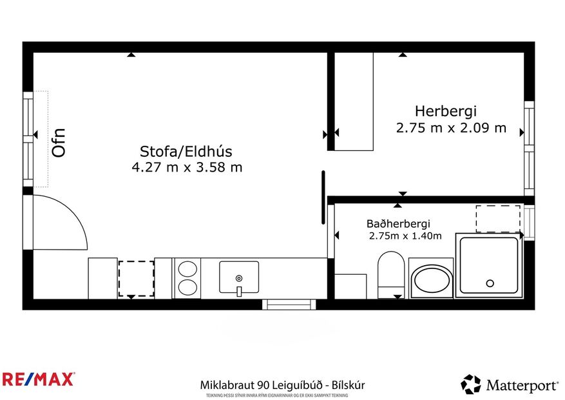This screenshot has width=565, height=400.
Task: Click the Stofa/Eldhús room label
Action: (x=186, y=152)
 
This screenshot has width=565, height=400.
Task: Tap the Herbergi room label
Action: (x=445, y=111)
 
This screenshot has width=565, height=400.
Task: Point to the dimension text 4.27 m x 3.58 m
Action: (x=186, y=168)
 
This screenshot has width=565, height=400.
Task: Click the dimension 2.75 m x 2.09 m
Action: (x=451, y=128)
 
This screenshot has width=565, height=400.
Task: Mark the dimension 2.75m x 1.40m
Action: (x=405, y=236)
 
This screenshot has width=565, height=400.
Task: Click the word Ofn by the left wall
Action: (x=59, y=143)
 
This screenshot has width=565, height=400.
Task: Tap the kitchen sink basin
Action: (x=238, y=277)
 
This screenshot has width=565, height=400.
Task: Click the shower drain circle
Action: (x=490, y=283)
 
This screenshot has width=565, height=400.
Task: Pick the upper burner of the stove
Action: (x=187, y=268)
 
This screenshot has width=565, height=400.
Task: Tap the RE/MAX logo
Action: (x=38, y=379)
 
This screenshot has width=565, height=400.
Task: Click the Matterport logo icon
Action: (x=470, y=385)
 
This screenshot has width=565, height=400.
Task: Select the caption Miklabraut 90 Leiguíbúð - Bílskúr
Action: (x=282, y=385)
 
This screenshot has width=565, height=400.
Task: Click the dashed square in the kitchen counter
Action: (x=136, y=278)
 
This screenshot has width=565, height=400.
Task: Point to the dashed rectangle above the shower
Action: (x=497, y=218)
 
